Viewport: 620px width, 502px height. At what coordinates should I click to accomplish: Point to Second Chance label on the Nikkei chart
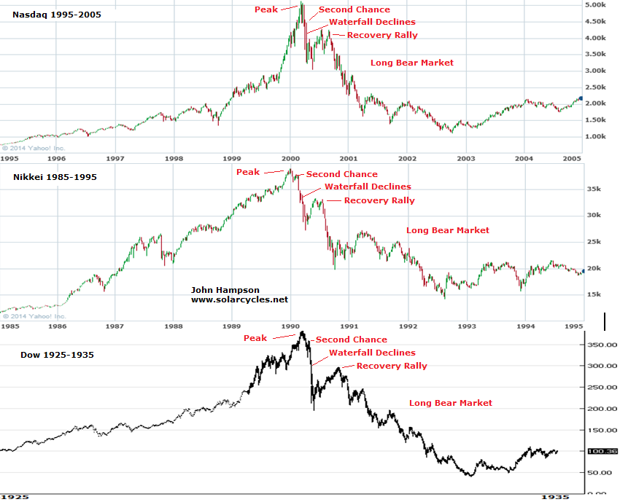[341, 174]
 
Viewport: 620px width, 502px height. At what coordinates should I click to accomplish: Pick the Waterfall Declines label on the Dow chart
[372, 353]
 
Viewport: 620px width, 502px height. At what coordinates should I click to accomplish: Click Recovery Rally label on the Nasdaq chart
[382, 35]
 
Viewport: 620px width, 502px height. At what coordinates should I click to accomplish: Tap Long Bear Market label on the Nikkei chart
[447, 230]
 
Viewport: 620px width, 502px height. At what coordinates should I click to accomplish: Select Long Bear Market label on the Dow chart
[450, 403]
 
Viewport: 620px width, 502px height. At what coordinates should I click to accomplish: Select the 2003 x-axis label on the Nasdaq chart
[466, 158]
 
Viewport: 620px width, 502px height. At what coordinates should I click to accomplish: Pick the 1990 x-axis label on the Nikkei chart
[291, 327]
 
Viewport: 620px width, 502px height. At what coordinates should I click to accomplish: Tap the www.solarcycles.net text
[239, 299]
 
